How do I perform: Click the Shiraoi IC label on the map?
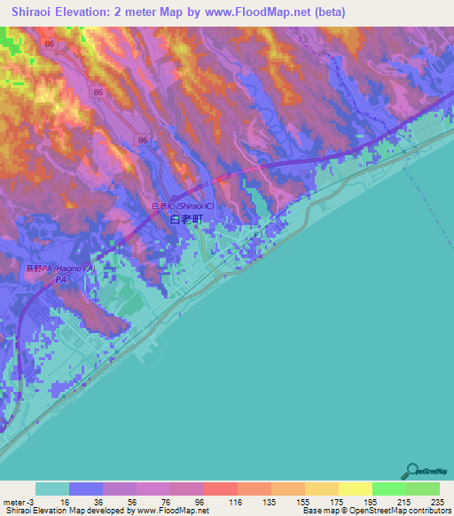click(184, 206)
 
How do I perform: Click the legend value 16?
click(65, 502)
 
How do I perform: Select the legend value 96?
click(200, 502)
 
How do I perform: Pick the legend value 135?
click(268, 502)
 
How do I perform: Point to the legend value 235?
click(434, 502)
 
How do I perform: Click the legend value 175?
click(334, 502)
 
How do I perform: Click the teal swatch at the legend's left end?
click(51, 489)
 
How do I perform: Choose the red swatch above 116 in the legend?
click(220, 489)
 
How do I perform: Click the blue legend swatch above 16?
click(85, 489)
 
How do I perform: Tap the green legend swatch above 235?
click(422, 489)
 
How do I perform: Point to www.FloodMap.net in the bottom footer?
click(170, 511)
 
